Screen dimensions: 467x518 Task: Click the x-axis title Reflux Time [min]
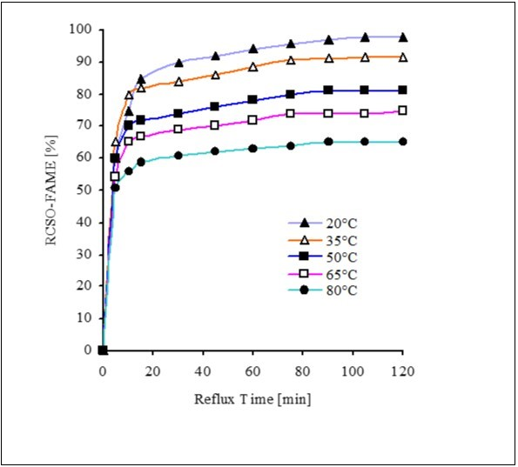pos(252,399)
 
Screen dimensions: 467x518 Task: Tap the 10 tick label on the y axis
pos(84,318)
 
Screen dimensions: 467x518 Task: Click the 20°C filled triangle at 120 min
pos(402,37)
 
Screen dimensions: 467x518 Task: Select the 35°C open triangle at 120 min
pos(402,57)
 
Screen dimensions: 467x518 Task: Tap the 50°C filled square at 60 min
pos(252,100)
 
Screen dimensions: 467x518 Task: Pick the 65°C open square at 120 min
pos(402,110)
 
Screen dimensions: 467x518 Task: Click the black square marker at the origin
pos(103,350)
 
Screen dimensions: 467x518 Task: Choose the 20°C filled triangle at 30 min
pos(178,63)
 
